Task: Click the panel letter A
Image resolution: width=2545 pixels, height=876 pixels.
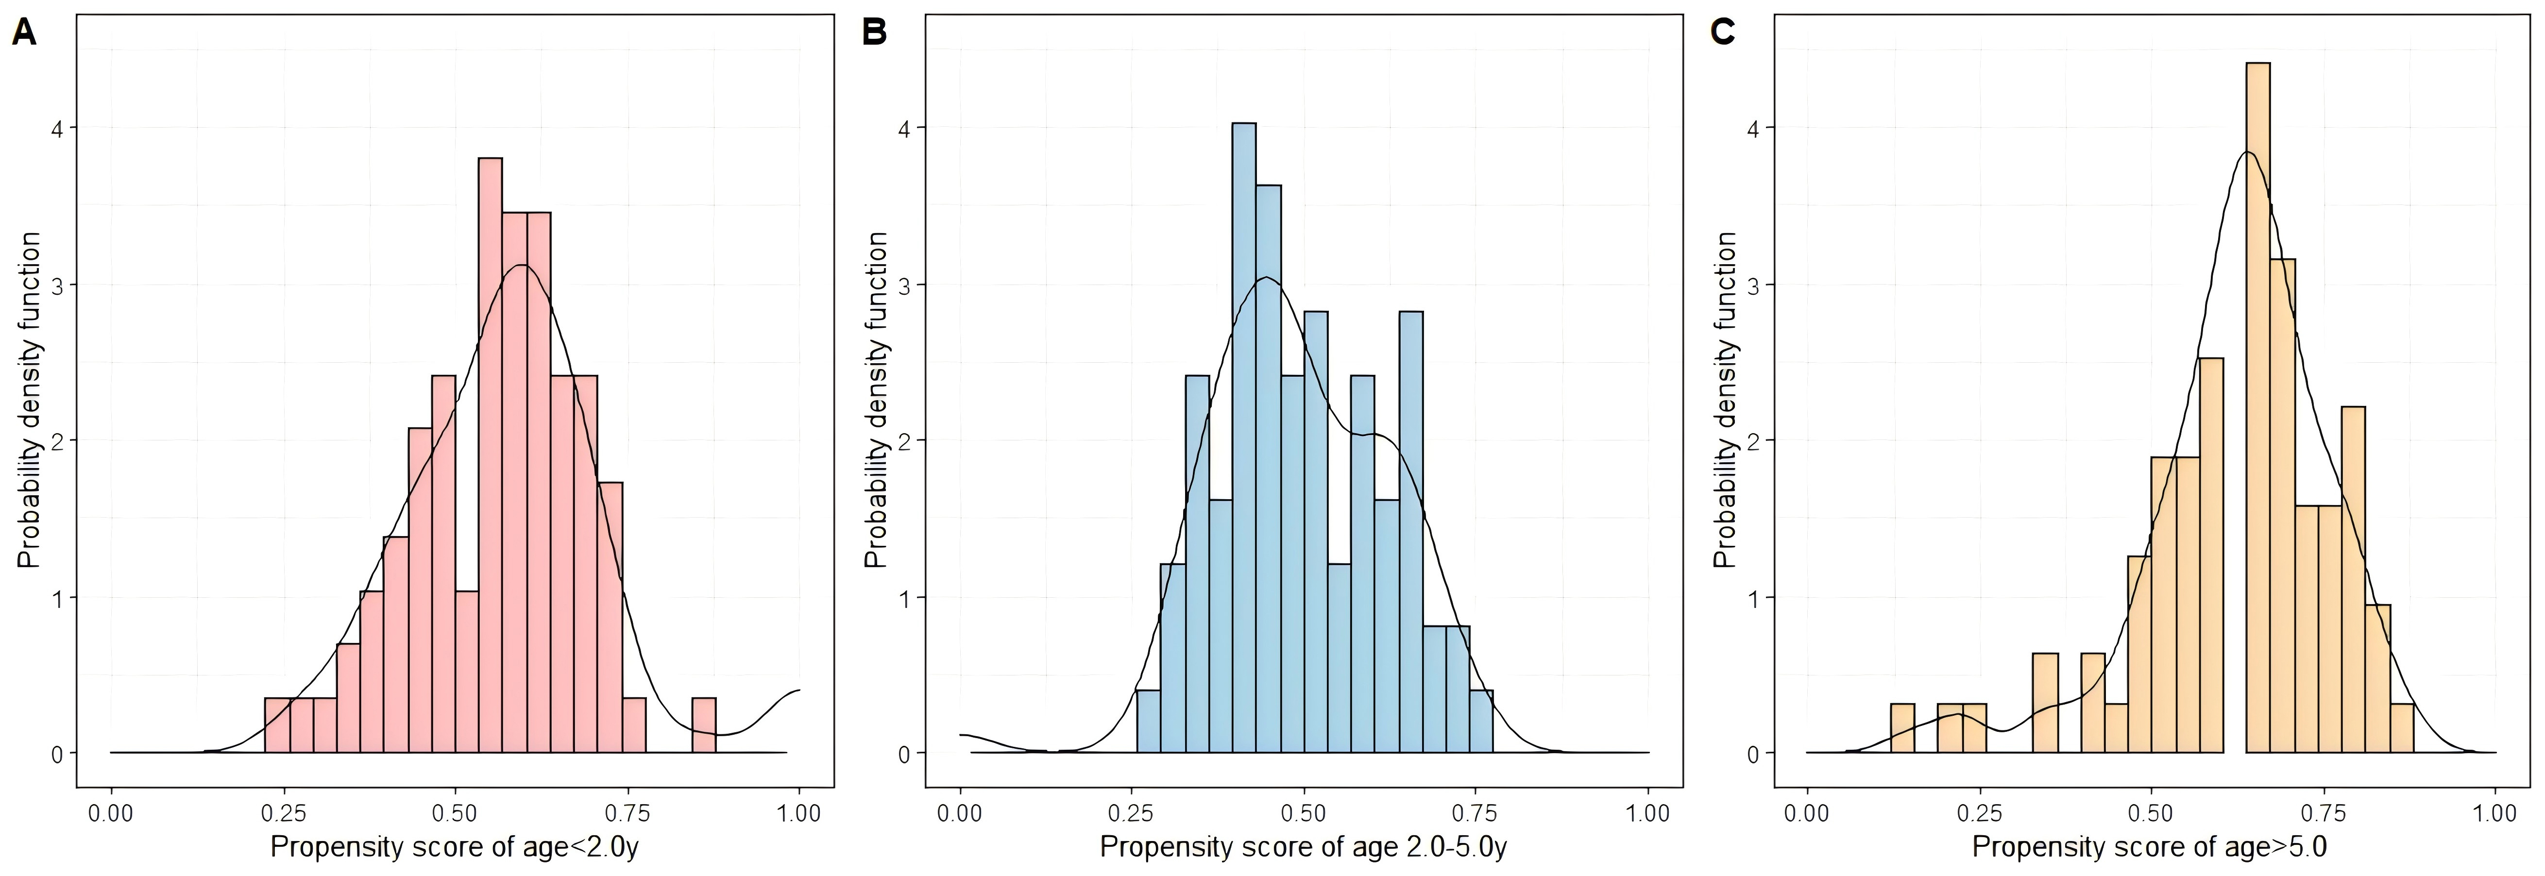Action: point(24,34)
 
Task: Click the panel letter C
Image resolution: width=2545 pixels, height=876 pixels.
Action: point(1722,34)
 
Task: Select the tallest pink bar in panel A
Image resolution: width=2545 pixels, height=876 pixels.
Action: point(490,455)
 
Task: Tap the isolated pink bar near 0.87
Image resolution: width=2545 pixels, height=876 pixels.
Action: point(703,726)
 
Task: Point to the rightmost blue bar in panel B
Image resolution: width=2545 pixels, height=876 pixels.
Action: point(1481,722)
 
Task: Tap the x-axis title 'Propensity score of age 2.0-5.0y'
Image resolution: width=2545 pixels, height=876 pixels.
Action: point(1303,847)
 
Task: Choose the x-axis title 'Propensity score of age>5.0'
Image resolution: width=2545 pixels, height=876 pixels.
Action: point(2149,847)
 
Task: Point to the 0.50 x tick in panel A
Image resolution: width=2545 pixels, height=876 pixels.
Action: point(455,814)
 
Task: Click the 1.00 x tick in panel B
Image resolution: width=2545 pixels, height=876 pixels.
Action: point(1648,814)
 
